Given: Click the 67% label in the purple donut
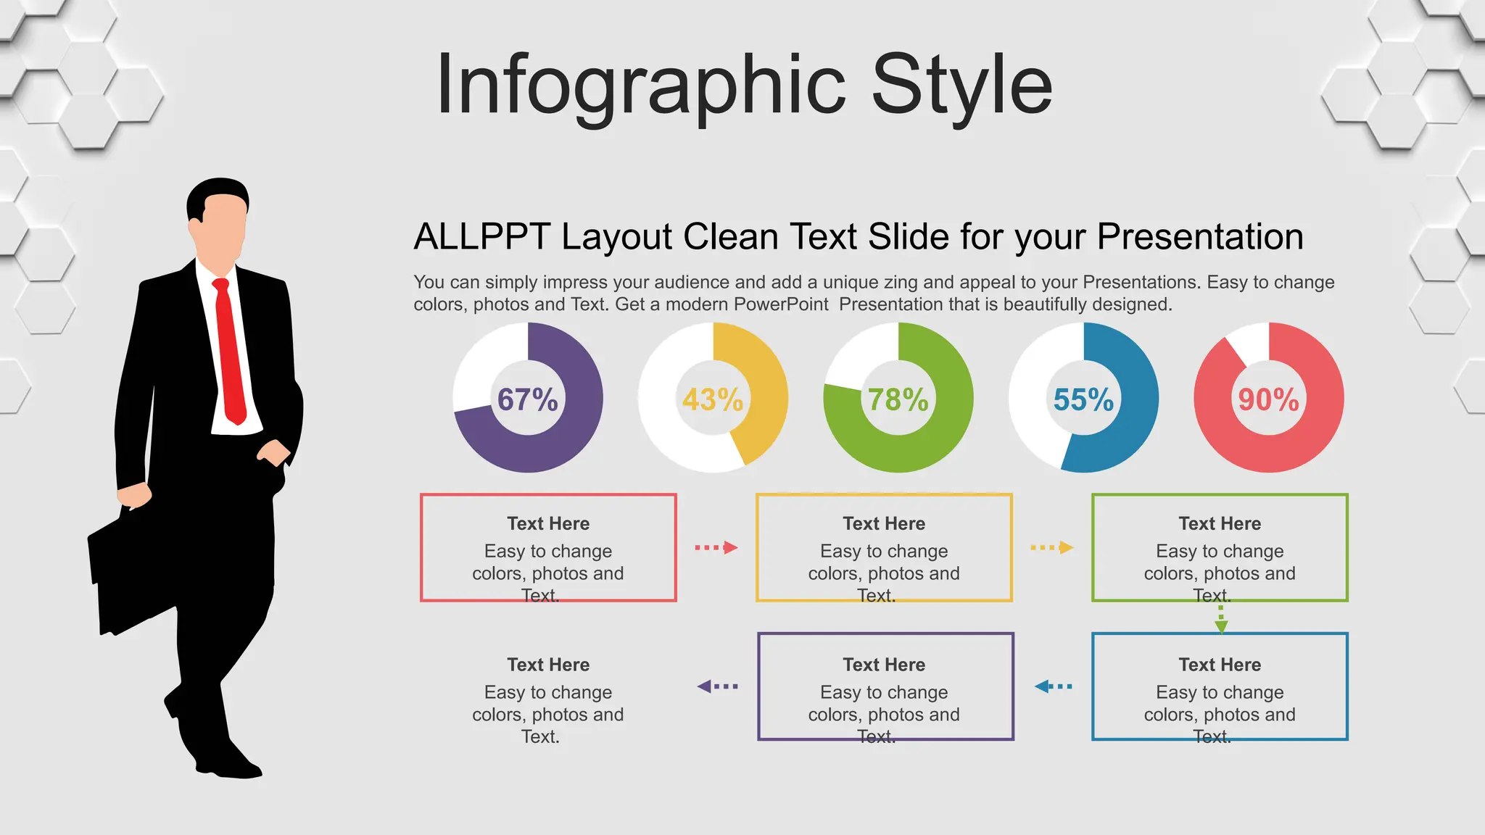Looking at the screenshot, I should point(527,399).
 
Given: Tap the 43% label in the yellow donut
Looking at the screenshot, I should point(713,399).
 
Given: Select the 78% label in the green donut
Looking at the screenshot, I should point(898,399).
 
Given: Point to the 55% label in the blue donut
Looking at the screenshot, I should point(1083,399).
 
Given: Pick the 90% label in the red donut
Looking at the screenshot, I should point(1268,399).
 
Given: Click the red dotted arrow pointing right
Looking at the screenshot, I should point(716,547).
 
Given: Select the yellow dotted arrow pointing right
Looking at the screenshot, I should point(1051,547).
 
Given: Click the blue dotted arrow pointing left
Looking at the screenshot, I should point(1053,686).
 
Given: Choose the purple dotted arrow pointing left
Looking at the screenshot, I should point(717,686).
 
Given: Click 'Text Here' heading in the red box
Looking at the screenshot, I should point(548,523).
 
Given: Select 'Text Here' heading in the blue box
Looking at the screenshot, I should point(1220,665).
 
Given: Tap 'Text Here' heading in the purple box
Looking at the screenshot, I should point(884,665).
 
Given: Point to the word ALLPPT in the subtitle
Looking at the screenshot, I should point(481,237).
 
